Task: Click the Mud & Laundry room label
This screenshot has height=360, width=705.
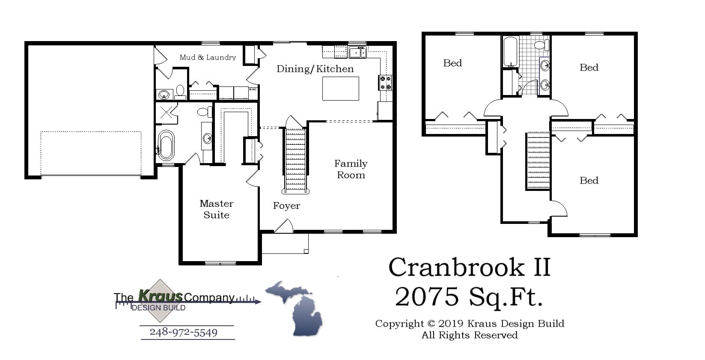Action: click(208, 57)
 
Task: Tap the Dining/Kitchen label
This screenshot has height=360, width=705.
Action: click(315, 69)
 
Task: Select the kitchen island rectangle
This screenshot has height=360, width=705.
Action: click(340, 89)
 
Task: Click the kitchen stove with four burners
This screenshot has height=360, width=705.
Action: click(386, 83)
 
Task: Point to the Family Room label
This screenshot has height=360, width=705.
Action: click(351, 169)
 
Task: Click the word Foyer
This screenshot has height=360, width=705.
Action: click(286, 206)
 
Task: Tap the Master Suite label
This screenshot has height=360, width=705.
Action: click(216, 209)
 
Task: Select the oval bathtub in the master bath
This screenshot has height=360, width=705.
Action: click(166, 145)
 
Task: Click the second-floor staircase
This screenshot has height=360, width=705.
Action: click(538, 161)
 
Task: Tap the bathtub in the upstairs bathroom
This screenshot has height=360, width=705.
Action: click(509, 51)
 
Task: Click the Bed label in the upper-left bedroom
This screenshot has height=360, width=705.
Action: click(452, 63)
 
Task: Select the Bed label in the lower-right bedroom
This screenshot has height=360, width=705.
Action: click(589, 181)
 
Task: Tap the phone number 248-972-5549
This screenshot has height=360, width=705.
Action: click(183, 333)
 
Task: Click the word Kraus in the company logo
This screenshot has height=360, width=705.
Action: click(161, 296)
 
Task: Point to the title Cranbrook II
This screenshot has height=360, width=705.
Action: click(469, 267)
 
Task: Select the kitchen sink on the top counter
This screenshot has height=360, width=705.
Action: click(357, 52)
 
